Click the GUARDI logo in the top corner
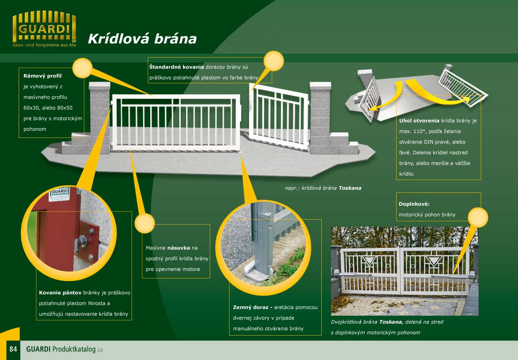(44, 29)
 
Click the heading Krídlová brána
(142, 39)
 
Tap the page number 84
(13, 349)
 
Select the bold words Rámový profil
(43, 76)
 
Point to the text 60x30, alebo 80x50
(48, 108)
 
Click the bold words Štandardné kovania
(176, 67)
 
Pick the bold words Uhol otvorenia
(419, 121)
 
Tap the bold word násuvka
(179, 247)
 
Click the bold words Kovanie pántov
(60, 293)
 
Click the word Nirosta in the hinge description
(97, 303)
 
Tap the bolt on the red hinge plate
(81, 242)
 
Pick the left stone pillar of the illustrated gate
(99, 117)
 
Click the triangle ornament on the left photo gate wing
(370, 260)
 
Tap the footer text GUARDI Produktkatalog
(61, 349)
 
